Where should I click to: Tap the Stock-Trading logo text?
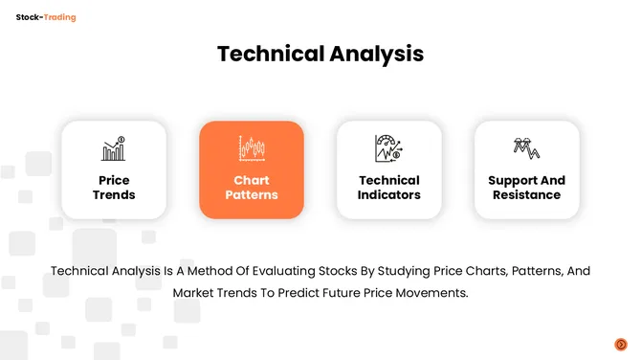pos(46,17)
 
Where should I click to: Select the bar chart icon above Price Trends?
pos(114,148)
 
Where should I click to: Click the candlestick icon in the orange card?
pos(252,148)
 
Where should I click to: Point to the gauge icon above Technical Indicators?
pos(388,148)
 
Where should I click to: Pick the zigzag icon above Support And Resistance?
pos(526,147)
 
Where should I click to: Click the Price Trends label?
pos(114,188)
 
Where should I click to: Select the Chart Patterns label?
pos(252,188)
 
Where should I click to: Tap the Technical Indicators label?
pos(389,188)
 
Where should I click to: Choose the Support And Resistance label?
pos(526,188)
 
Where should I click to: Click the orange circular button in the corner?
pos(620,344)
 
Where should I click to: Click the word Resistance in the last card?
pos(526,195)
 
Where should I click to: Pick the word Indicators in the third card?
pos(389,195)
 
